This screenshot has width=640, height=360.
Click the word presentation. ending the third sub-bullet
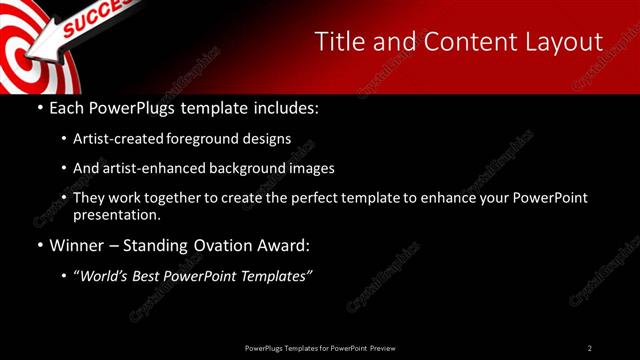[116, 214]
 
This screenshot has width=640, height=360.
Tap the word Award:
[281, 245]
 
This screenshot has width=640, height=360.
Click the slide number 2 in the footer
[590, 348]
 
